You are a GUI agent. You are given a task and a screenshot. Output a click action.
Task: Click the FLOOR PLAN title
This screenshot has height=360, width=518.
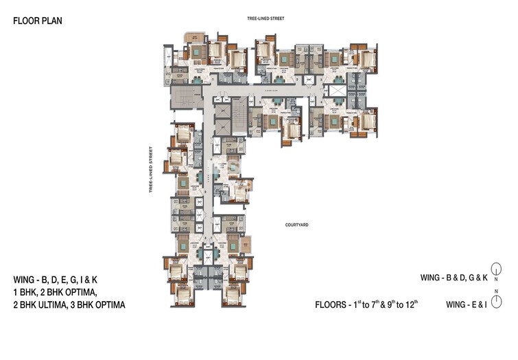(x=38, y=21)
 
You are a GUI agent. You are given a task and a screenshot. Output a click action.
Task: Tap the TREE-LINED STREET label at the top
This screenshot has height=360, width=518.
(x=265, y=19)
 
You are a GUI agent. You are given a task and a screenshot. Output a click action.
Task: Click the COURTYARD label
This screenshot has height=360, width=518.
(x=297, y=224)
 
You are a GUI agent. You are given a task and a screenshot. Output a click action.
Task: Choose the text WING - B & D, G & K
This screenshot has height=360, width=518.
(x=454, y=278)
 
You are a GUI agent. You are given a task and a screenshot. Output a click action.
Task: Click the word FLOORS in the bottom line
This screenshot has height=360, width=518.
(x=332, y=304)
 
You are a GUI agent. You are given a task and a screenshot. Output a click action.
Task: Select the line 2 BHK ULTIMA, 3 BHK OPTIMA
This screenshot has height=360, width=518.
(x=69, y=304)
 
